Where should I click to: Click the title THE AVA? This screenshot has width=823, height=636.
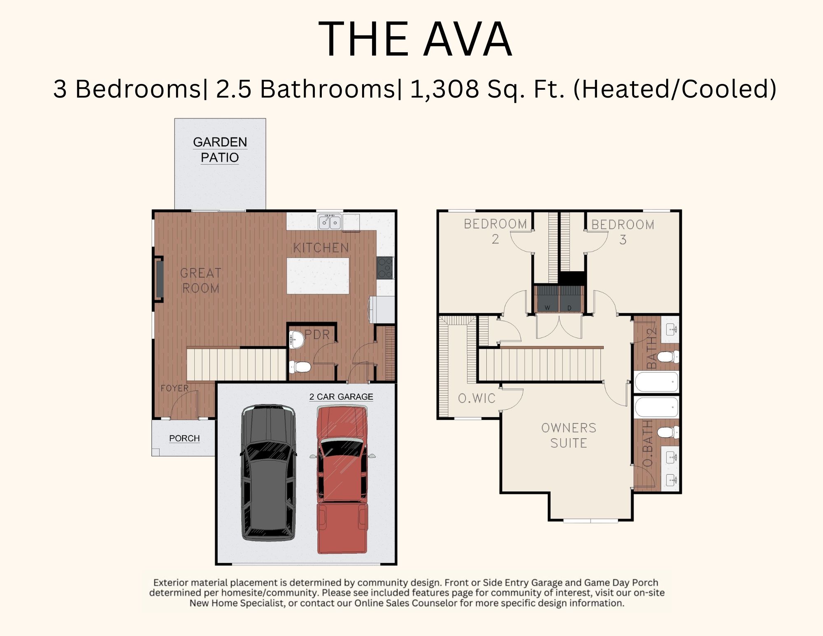coord(415,39)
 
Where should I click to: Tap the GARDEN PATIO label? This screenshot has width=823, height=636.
coord(220,150)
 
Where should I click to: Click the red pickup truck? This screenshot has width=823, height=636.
coord(342,480)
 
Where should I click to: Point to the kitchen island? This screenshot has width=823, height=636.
coord(318,276)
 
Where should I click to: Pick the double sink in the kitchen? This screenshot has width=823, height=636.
coord(330,222)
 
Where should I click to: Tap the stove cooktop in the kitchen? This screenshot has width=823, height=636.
coord(385,268)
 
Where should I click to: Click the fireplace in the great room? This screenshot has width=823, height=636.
coord(159,279)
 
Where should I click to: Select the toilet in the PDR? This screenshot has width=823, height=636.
coord(300,366)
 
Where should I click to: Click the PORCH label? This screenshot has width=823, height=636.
coord(184,438)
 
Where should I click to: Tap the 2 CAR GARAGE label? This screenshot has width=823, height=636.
coord(341,397)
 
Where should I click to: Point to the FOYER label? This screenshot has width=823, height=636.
coord(174,388)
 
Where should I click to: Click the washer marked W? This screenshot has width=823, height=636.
coord(547,298)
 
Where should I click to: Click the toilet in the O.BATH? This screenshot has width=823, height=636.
coord(668,432)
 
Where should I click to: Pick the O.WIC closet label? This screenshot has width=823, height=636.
coord(477,398)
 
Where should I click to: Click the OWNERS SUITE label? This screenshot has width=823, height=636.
coord(569,436)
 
